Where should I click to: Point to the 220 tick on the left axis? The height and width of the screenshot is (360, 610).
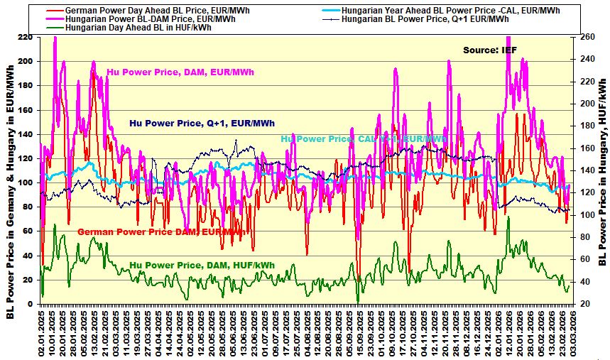tap(25, 37)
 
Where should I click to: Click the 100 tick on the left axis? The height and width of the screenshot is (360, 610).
tap(25, 182)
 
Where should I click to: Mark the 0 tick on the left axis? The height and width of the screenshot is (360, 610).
tap(30, 304)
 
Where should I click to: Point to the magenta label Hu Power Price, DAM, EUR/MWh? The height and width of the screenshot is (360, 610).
tap(180, 72)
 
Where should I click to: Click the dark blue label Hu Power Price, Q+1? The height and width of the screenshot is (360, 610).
tap(202, 123)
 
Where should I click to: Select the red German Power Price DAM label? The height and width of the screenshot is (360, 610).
tap(160, 231)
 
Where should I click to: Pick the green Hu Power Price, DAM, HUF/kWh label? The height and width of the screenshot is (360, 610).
tap(202, 265)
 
